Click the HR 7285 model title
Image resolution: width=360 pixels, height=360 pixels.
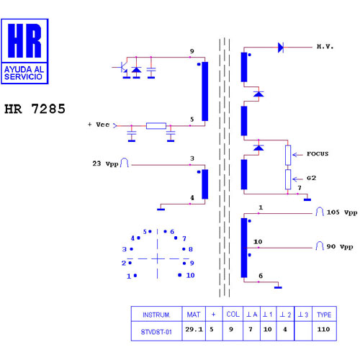pos(35,109)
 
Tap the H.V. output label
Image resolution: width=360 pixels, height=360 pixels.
pos(325,47)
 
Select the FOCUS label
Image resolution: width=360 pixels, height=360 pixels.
pos(318,154)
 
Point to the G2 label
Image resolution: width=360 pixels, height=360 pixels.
pos(311,178)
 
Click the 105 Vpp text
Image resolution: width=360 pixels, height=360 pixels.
pos(342,212)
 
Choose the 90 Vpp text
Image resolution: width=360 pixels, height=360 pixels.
pos(340,246)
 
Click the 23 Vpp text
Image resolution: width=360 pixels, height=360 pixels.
pos(105,163)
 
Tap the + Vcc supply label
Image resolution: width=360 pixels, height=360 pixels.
pos(99,125)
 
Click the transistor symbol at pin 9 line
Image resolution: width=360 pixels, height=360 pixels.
pos(124,68)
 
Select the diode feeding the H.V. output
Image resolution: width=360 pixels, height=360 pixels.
pos(281,48)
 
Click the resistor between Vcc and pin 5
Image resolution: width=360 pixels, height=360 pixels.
pos(156,126)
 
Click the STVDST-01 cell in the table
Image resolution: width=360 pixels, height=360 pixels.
pos(156,331)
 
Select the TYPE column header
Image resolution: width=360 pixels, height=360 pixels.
pos(324,314)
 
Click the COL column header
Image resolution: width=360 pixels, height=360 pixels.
pos(233,314)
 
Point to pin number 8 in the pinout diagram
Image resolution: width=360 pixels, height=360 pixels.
pos(191,249)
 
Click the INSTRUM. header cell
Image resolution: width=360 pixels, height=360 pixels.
pos(156,314)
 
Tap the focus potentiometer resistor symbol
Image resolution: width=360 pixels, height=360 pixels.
pos(288,155)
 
